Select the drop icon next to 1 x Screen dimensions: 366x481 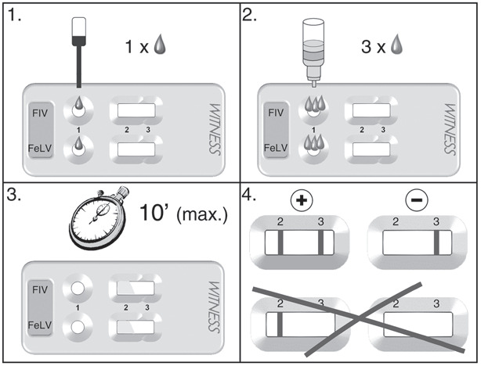click(x=162, y=45)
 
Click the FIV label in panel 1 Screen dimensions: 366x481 click(x=42, y=112)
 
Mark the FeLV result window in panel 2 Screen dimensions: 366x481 click(x=370, y=146)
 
